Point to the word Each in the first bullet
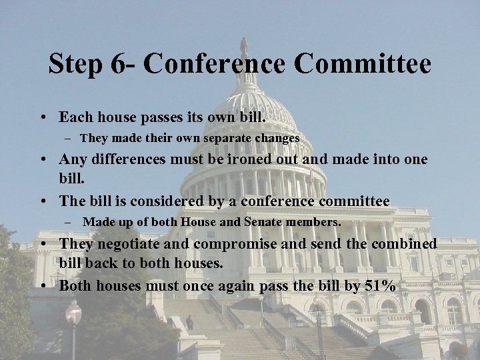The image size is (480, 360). (75, 117)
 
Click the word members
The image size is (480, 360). (314, 221)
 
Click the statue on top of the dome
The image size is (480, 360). (244, 45)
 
